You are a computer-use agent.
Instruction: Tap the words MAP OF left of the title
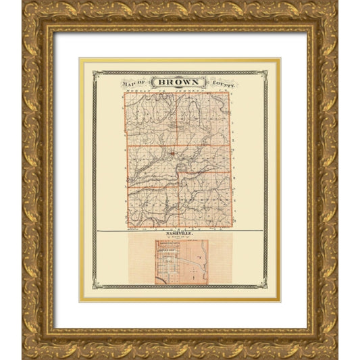click(136, 82)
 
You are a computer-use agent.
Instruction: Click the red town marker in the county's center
click(174, 153)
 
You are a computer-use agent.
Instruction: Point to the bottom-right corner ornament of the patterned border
click(264, 286)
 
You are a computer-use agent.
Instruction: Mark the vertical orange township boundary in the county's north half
click(178, 118)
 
